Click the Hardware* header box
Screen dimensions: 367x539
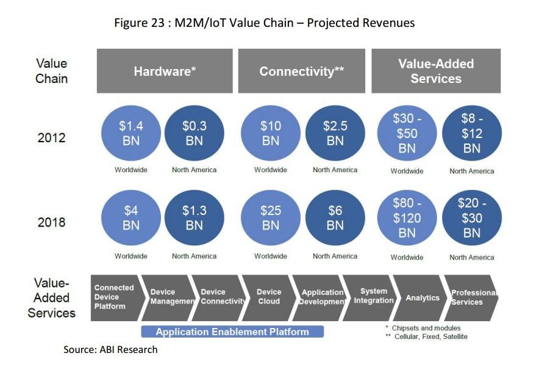point(165,71)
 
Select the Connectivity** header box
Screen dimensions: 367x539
point(302,71)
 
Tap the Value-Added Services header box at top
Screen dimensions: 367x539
point(436,71)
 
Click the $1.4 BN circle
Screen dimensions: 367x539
point(131,133)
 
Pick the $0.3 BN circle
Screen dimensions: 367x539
point(194,133)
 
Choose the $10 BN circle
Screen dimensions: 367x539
point(270,133)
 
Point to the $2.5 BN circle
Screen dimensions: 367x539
point(335,133)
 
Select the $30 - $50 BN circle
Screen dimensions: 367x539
point(407,134)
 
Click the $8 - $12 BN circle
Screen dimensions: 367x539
point(471,134)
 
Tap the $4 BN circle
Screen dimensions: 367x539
point(131,218)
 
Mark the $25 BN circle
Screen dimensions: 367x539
point(270,218)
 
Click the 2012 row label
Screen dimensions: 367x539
point(51,138)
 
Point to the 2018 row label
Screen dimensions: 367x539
point(51,222)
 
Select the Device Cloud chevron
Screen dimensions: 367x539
point(269,297)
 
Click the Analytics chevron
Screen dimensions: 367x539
point(423,298)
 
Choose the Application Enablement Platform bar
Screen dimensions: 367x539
point(232,332)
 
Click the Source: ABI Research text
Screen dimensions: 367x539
point(110,350)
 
